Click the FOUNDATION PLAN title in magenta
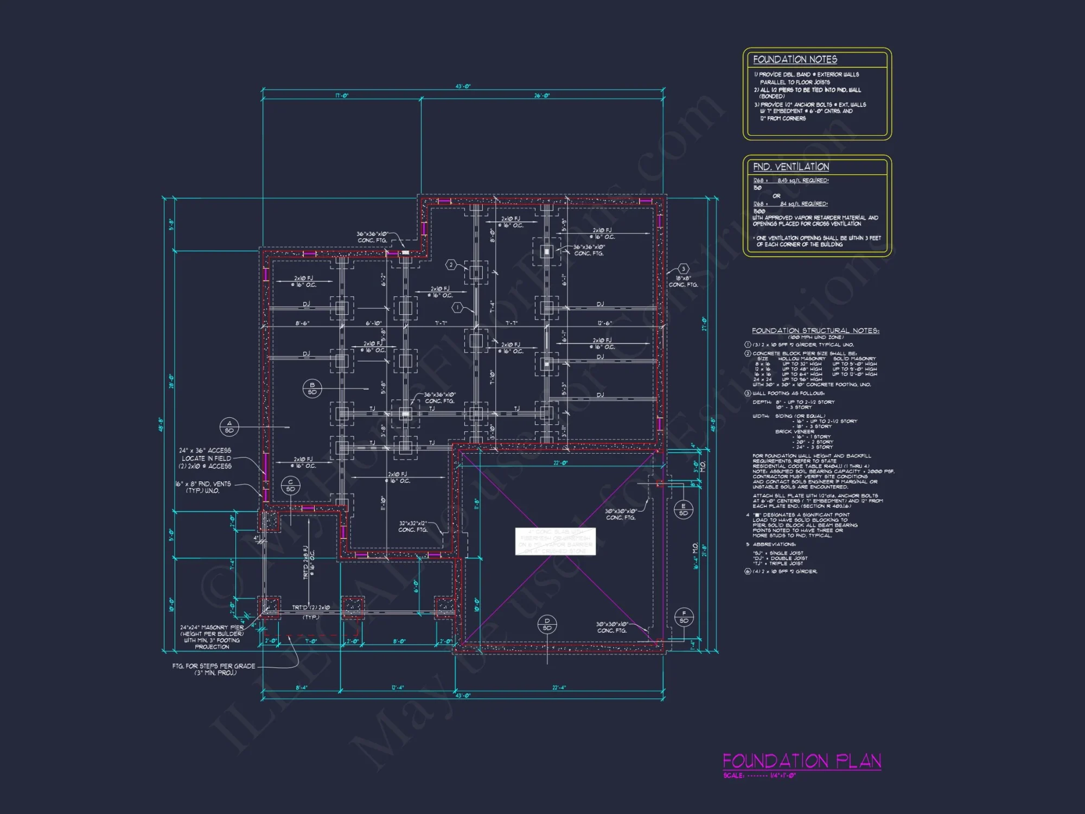click(801, 761)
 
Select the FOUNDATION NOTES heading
click(795, 60)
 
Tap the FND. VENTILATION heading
click(790, 167)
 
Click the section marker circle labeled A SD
click(229, 427)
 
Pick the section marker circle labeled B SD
click(312, 389)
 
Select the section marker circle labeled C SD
click(291, 486)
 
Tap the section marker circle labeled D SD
click(547, 624)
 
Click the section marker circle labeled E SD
click(683, 510)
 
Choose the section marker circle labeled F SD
click(684, 617)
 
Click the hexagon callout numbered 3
click(684, 269)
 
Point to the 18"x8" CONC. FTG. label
click(683, 281)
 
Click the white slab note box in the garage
click(555, 541)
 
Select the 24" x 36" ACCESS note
click(205, 458)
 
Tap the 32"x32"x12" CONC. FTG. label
click(413, 526)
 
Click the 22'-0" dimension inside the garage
click(560, 463)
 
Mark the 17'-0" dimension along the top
click(342, 96)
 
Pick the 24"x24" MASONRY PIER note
click(212, 637)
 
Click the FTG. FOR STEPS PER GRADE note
click(213, 669)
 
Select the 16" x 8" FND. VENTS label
click(203, 487)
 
